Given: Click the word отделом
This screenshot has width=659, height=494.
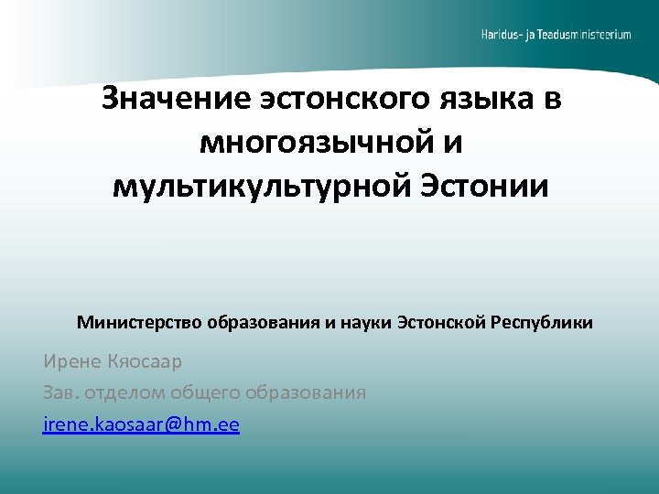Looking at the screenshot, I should pos(125,393).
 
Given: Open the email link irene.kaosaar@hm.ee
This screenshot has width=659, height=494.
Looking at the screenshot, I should pos(141,425).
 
